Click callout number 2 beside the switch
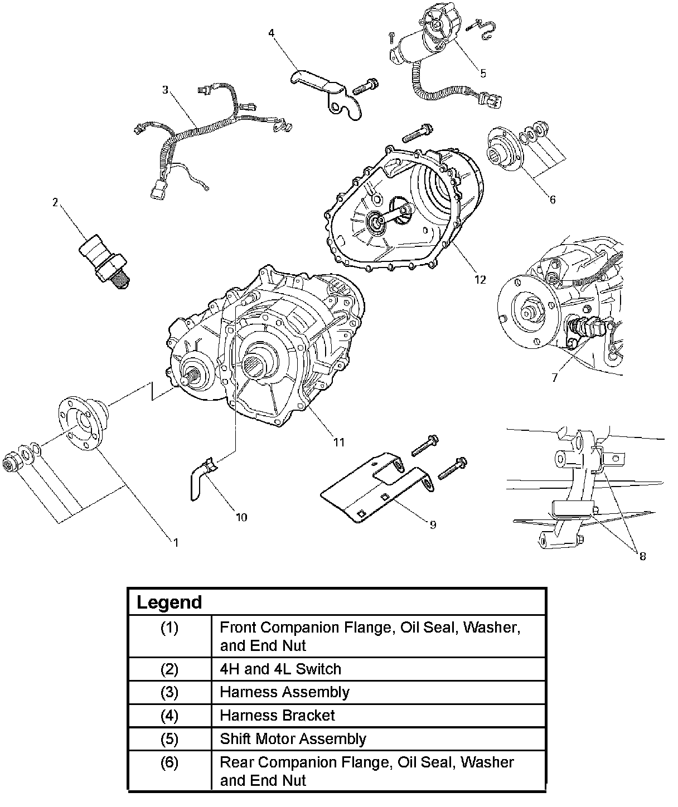tap(55, 203)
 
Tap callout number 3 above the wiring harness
tap(166, 90)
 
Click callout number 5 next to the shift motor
tap(483, 73)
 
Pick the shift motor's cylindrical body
tap(412, 48)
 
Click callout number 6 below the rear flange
tap(552, 199)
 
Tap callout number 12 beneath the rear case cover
tap(480, 279)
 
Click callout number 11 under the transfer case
tap(339, 442)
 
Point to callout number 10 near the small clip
tap(241, 517)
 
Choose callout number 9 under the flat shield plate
tap(433, 524)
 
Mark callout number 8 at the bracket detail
tap(642, 556)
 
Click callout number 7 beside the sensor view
tap(554, 377)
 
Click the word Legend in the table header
tap(169, 602)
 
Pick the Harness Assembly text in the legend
tap(284, 692)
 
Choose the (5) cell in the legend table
tap(169, 739)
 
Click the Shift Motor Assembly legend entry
tap(293, 739)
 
